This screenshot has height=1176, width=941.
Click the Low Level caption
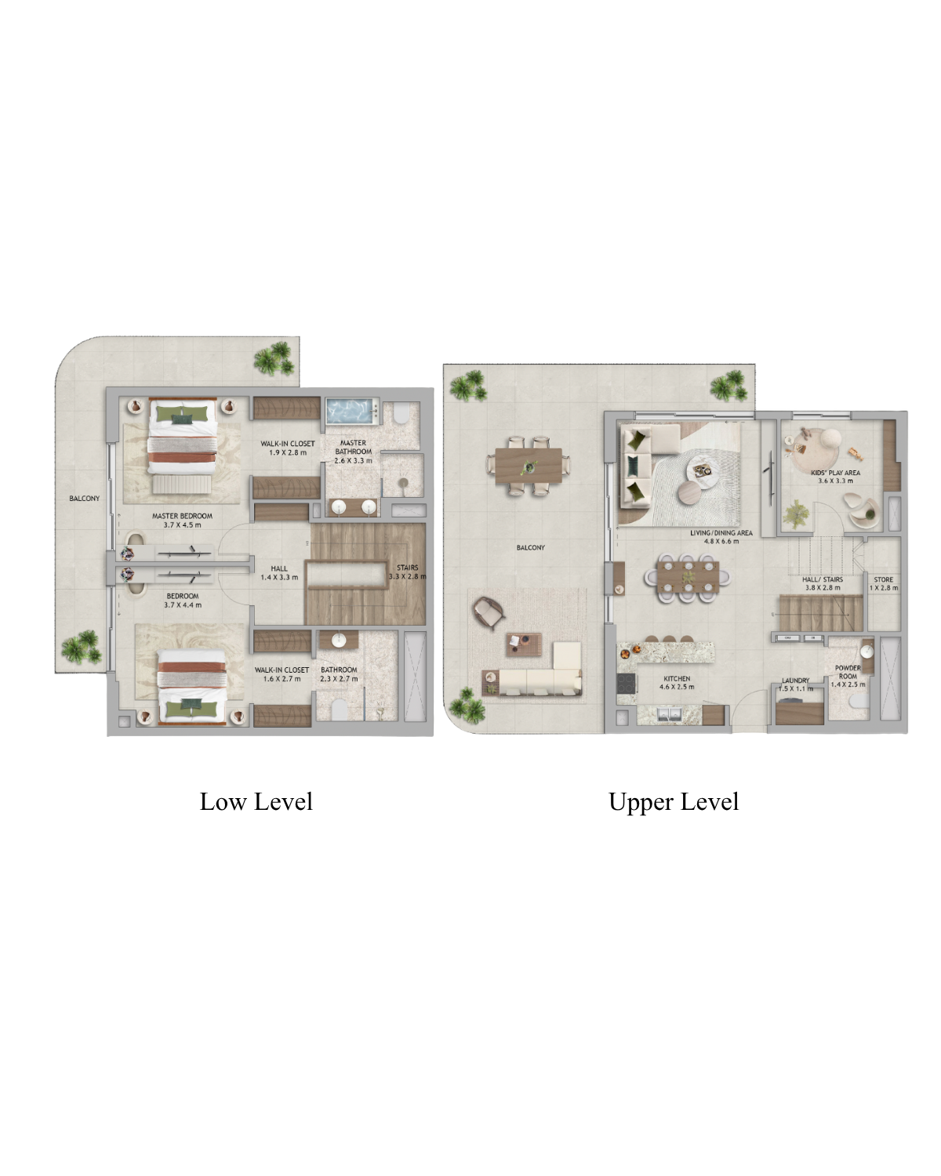click(x=256, y=802)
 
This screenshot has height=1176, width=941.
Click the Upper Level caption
click(x=674, y=803)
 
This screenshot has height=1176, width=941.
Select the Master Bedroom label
click(x=182, y=521)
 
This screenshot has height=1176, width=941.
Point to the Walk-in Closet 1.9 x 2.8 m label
click(x=288, y=448)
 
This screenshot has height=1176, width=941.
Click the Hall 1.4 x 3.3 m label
click(x=279, y=572)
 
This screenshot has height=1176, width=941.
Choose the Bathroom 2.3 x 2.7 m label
click(x=339, y=674)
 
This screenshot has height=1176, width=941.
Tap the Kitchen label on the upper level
click(x=677, y=683)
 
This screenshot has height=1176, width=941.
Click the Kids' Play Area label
click(x=835, y=477)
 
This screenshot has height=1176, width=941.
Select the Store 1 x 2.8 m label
click(x=884, y=583)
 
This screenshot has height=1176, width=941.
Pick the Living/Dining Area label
click(x=721, y=536)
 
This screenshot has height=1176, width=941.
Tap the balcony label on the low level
click(x=84, y=499)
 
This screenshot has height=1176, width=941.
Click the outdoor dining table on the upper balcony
click(x=529, y=466)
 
